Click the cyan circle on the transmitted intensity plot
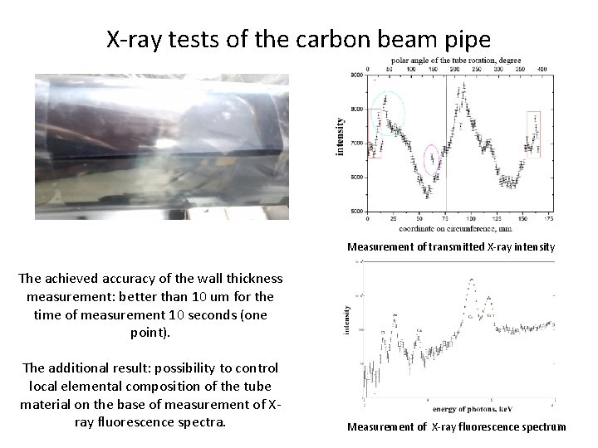click(388, 110)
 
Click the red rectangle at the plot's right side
click(533, 133)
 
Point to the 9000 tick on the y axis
click(355, 75)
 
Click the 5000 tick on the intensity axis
click(355, 212)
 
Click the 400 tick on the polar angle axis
click(542, 69)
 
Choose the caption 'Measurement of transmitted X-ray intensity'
click(451, 246)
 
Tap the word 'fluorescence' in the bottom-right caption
click(488, 426)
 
